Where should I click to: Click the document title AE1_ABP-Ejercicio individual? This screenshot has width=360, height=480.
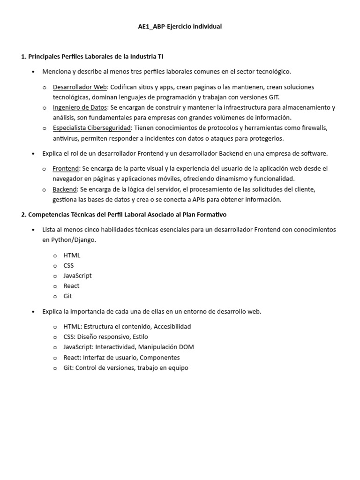click(180, 27)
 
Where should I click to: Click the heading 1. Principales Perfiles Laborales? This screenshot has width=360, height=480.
click(92, 56)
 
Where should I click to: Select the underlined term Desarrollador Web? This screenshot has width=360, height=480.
click(80, 87)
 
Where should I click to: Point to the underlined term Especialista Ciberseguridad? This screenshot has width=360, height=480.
click(91, 128)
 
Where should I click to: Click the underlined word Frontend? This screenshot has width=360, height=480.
click(66, 168)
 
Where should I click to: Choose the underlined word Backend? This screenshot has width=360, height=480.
click(65, 189)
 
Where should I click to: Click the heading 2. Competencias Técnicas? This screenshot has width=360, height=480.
click(124, 215)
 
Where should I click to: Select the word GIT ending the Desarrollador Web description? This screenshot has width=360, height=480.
click(272, 97)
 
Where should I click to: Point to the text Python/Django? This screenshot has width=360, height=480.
click(70, 240)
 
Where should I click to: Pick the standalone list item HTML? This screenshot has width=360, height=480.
click(72, 255)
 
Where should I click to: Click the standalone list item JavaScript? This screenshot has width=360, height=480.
click(77, 276)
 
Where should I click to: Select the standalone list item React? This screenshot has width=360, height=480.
click(71, 286)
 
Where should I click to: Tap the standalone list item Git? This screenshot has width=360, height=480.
click(67, 296)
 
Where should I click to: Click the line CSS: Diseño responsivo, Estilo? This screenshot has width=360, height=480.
click(105, 337)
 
